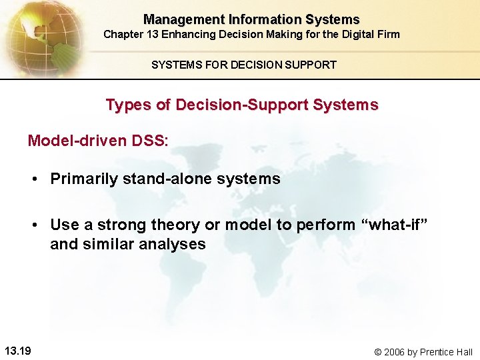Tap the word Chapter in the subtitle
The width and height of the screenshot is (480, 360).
point(125,34)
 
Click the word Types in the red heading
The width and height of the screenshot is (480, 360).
point(125,105)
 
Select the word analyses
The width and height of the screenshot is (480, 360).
point(173,245)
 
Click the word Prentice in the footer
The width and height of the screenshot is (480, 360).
point(438,352)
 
